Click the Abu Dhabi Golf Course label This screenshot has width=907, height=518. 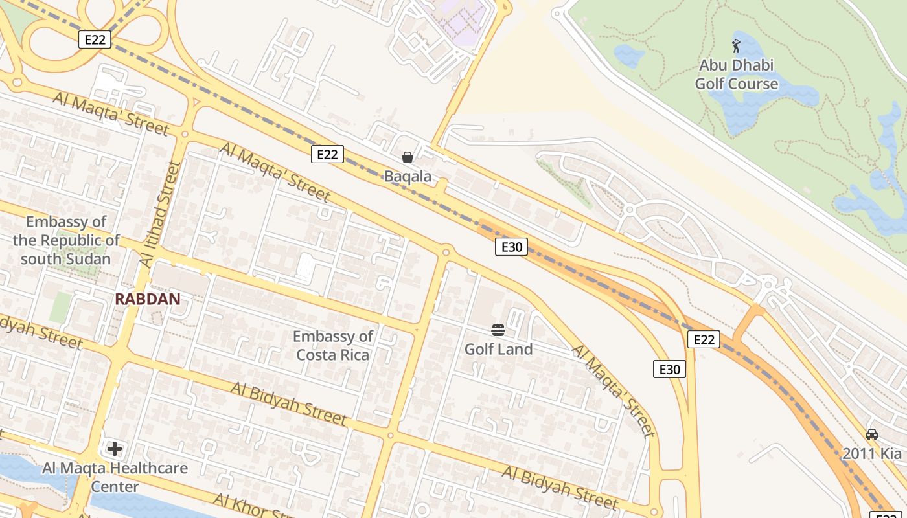pos(736,74)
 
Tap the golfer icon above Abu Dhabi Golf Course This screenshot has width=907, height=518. pos(736,46)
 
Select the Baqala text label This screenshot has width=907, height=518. pos(408,176)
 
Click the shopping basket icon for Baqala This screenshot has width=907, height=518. pos(408,157)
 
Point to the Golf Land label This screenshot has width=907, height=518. pos(498,349)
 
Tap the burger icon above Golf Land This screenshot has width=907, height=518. pos(498,330)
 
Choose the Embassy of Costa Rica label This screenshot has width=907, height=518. pos(333,345)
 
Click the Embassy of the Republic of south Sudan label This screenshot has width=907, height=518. pos(66,240)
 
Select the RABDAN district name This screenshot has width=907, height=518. pos(147,298)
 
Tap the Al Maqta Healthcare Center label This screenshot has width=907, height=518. pos(115,477)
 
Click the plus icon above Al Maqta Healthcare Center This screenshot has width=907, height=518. pos(115,448)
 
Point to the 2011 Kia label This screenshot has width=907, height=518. pos(872,453)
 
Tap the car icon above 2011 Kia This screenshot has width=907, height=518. pos(872,434)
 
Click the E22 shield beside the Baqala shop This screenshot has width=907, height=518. pos(327,154)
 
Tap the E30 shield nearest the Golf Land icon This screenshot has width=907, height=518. pos(511,246)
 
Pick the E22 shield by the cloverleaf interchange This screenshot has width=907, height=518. pos(95,39)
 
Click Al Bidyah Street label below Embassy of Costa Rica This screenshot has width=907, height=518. pos(289,403)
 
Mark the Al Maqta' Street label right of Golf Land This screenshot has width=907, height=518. pos(613,390)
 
